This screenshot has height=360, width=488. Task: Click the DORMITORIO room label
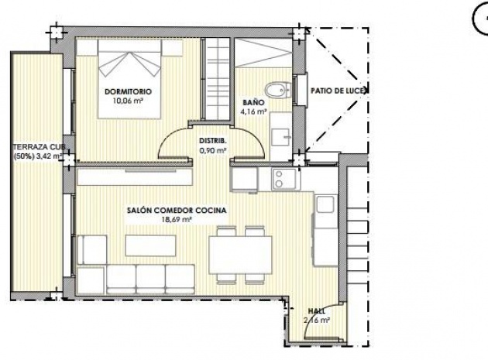pos(128,91)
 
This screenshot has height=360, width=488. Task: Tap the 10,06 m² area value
pos(128,101)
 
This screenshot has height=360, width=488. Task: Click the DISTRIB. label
pos(212,140)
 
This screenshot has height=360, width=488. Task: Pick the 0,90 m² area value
pos(212,149)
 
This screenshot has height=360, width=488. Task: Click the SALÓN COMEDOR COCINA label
pos(164,210)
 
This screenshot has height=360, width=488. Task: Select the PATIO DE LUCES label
pos(339,91)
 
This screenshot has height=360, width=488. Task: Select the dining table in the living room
pos(240,253)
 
